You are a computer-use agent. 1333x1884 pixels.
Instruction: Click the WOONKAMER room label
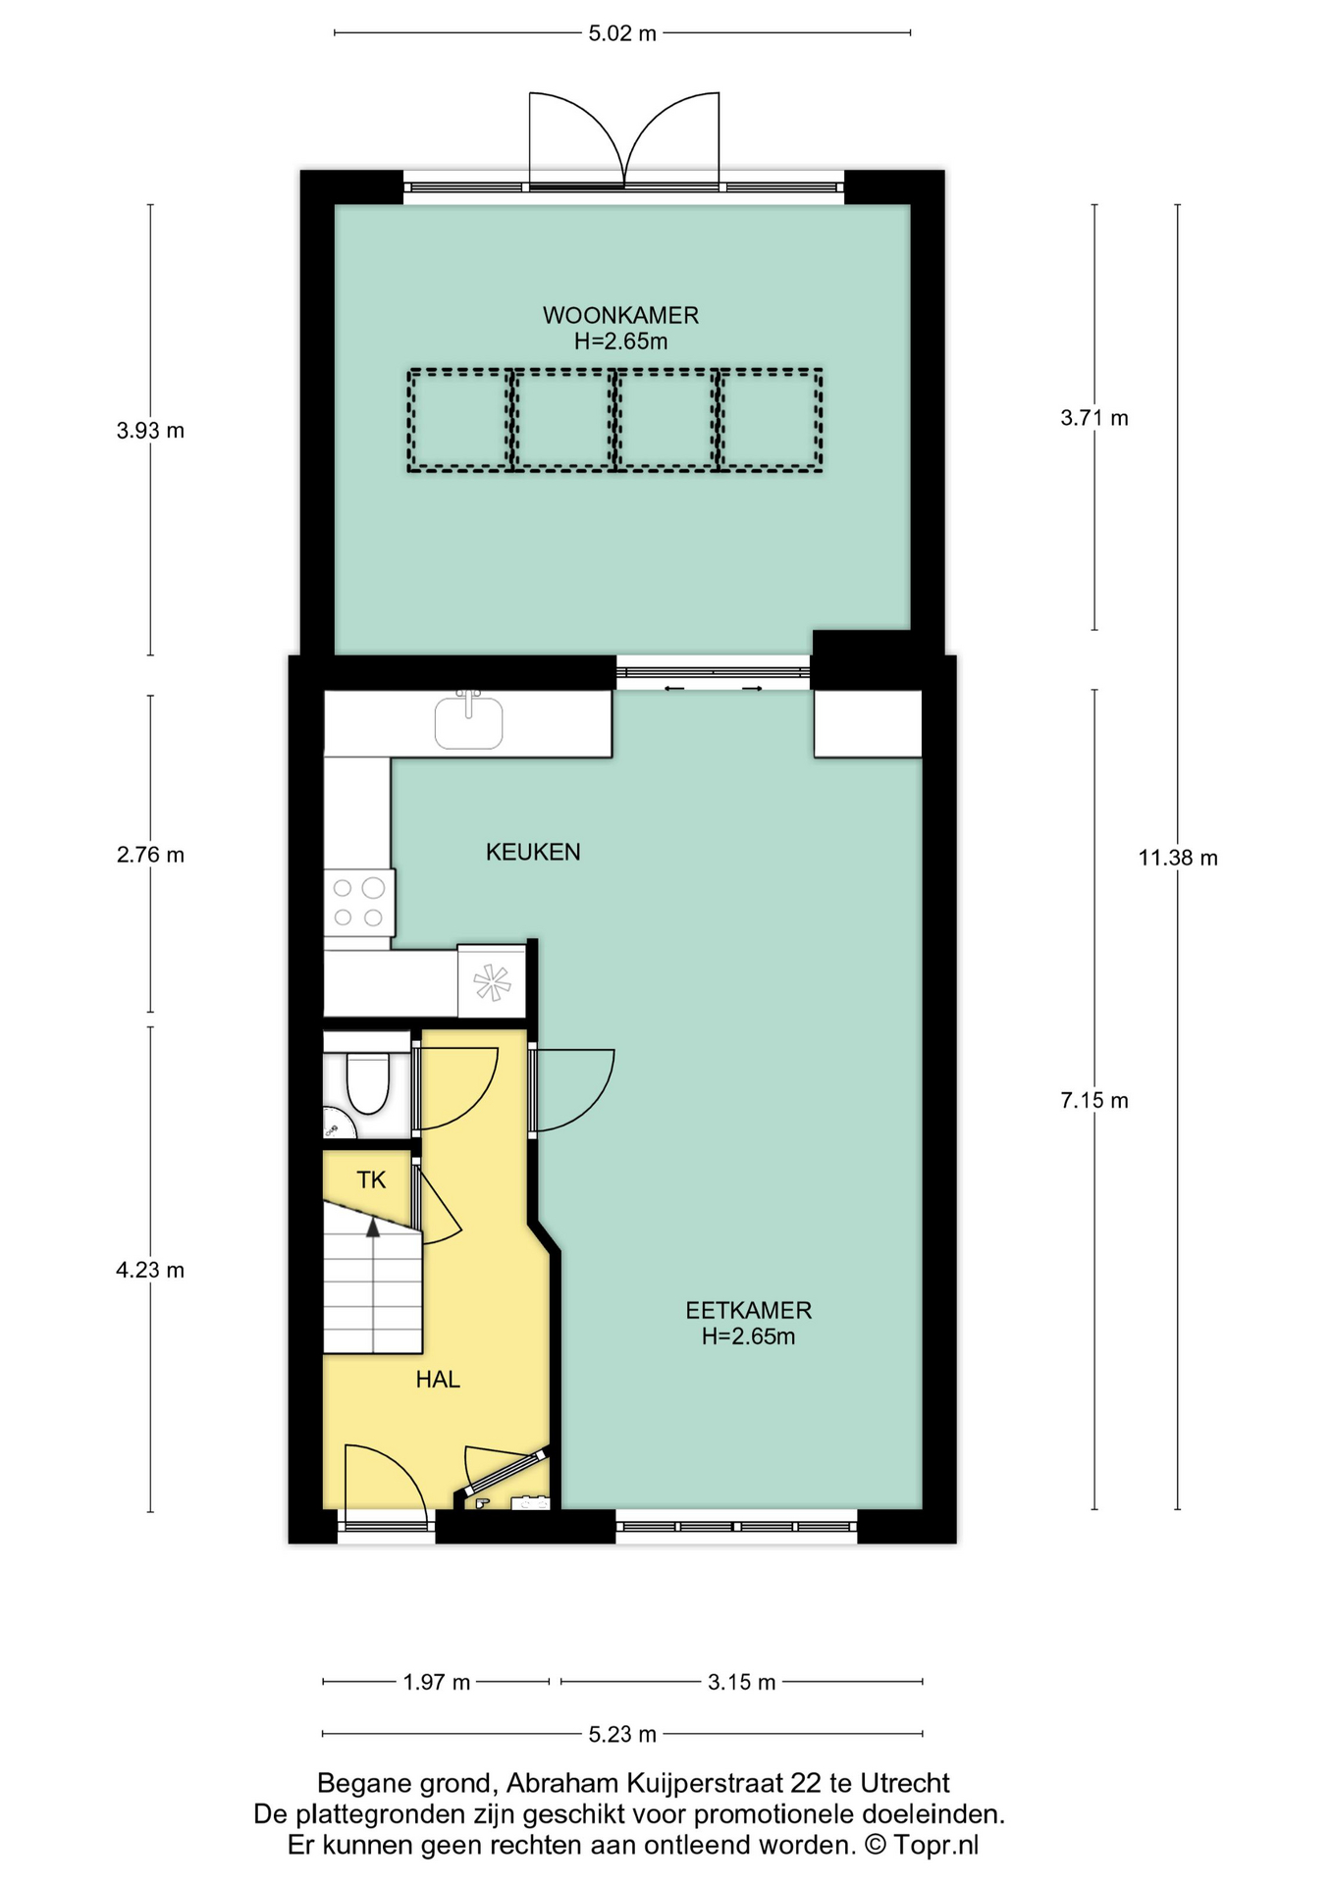(620, 316)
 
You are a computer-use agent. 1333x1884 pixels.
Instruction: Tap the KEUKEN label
(533, 852)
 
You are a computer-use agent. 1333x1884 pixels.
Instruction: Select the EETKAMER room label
(748, 1310)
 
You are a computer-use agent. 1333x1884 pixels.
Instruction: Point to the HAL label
(438, 1380)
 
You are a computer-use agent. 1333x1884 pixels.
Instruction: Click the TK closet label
(371, 1179)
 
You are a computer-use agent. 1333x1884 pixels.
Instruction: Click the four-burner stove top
(359, 903)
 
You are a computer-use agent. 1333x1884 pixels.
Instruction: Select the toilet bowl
(367, 1083)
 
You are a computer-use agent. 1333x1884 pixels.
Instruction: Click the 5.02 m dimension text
(622, 33)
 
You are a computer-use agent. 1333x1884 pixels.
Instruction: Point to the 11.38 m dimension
(1178, 858)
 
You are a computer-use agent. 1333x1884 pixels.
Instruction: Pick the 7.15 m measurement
(1094, 1101)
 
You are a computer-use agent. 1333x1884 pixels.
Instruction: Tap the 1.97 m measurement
(437, 1682)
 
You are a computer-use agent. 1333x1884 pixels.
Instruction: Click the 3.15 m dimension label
(742, 1682)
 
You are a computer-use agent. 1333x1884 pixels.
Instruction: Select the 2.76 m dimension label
(150, 855)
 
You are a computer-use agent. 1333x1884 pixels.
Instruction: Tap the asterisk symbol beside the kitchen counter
(492, 982)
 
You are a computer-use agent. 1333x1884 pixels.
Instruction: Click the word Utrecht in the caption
(905, 1783)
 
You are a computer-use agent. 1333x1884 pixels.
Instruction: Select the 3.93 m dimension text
(150, 430)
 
